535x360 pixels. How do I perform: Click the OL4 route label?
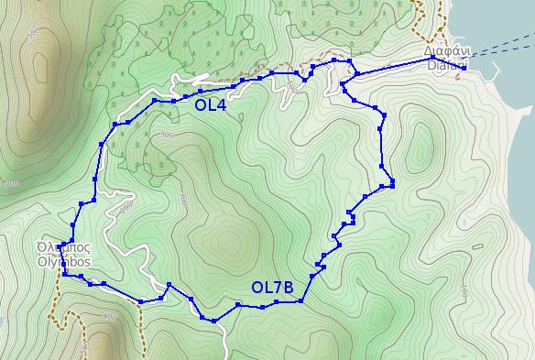pyautogui.click(x=211, y=105)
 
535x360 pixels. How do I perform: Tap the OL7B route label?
pyautogui.click(x=272, y=288)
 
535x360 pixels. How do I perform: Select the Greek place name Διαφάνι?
pyautogui.click(x=447, y=51)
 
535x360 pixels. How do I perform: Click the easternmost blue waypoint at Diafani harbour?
pyautogui.click(x=464, y=67)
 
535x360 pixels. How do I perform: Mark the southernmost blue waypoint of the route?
pyautogui.click(x=213, y=321)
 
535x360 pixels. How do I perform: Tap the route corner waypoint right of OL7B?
pyautogui.click(x=300, y=300)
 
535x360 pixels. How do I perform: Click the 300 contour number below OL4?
pyautogui.click(x=166, y=136)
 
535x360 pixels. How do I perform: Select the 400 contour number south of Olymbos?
pyautogui.click(x=111, y=317)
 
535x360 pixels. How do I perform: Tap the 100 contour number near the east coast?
pyautogui.click(x=465, y=294)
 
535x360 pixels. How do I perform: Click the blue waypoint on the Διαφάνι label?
pyautogui.click(x=432, y=59)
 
